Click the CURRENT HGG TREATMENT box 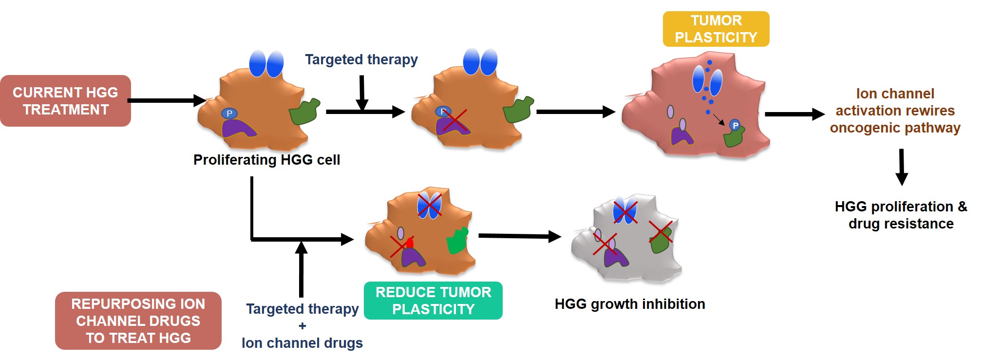pyautogui.click(x=65, y=101)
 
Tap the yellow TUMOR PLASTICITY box pyautogui.click(x=716, y=29)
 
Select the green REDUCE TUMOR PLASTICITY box pyautogui.click(x=433, y=301)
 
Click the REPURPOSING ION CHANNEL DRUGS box pyautogui.click(x=138, y=321)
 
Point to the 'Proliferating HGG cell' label pyautogui.click(x=266, y=160)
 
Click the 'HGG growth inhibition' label pyautogui.click(x=629, y=304)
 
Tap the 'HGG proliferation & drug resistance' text pyautogui.click(x=901, y=215)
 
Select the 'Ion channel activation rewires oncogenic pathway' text pyautogui.click(x=895, y=111)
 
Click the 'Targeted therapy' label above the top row pyautogui.click(x=361, y=59)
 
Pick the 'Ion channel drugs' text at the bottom pyautogui.click(x=302, y=343)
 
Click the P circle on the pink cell pyautogui.click(x=735, y=126)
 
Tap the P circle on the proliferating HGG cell pyautogui.click(x=229, y=114)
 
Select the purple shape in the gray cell pyautogui.click(x=615, y=256)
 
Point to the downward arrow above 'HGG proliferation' pyautogui.click(x=901, y=167)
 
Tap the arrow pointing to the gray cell pyautogui.click(x=519, y=236)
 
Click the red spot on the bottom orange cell pyautogui.click(x=410, y=243)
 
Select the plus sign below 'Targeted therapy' pyautogui.click(x=302, y=326)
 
